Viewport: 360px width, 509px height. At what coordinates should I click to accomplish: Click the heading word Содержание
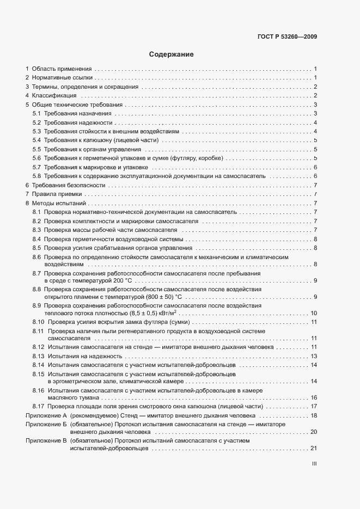point(172,54)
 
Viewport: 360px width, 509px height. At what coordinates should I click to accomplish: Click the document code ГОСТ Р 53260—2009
point(288,37)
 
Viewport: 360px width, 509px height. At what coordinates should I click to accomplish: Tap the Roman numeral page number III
point(314,464)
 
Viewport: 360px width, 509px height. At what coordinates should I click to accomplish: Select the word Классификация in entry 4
point(54,96)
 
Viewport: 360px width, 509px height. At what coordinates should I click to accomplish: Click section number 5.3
point(37,131)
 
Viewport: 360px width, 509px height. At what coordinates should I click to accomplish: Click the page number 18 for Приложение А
point(313,415)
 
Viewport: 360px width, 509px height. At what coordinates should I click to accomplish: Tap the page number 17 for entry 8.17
point(313,406)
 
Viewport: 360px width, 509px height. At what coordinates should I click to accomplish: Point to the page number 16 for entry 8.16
point(313,398)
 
